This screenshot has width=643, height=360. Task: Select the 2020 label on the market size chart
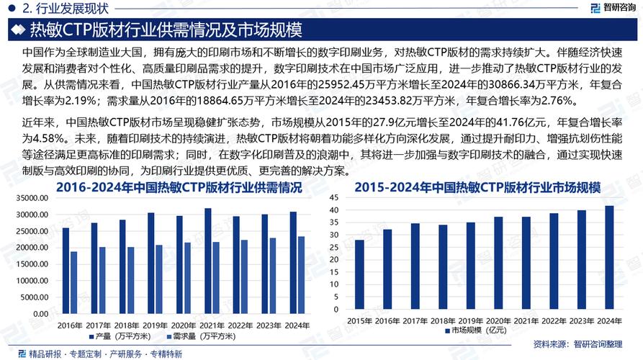(498, 320)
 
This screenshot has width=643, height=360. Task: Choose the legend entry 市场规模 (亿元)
(478, 331)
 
